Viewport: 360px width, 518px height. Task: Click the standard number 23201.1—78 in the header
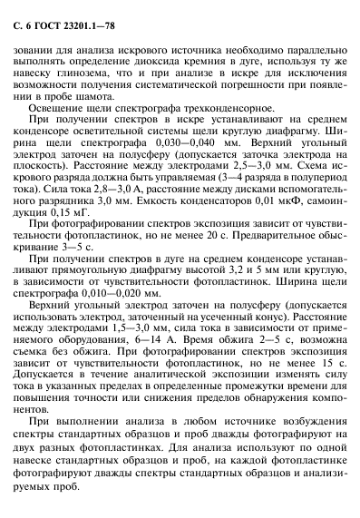coord(85,12)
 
